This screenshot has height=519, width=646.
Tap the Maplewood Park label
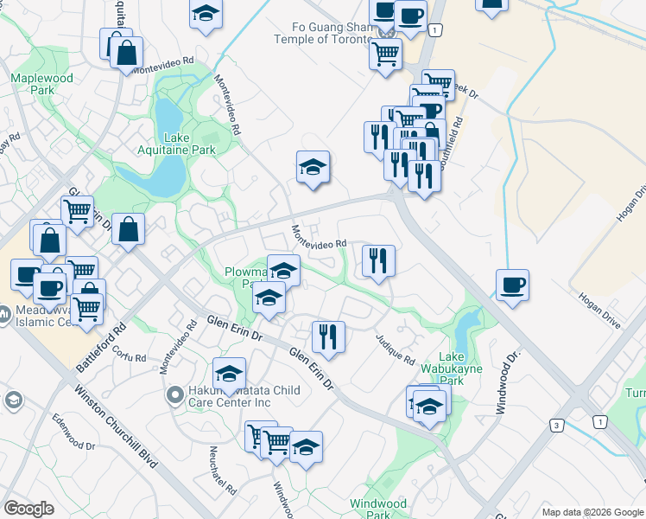coord(32,84)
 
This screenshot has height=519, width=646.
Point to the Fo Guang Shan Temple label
coord(322,33)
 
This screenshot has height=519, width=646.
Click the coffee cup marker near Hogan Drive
coord(512,285)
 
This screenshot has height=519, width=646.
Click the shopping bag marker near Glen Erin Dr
coord(128,229)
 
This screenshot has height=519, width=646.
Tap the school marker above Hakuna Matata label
coord(230,374)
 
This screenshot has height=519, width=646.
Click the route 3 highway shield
coord(558,426)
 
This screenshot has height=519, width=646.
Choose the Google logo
coord(29,508)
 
